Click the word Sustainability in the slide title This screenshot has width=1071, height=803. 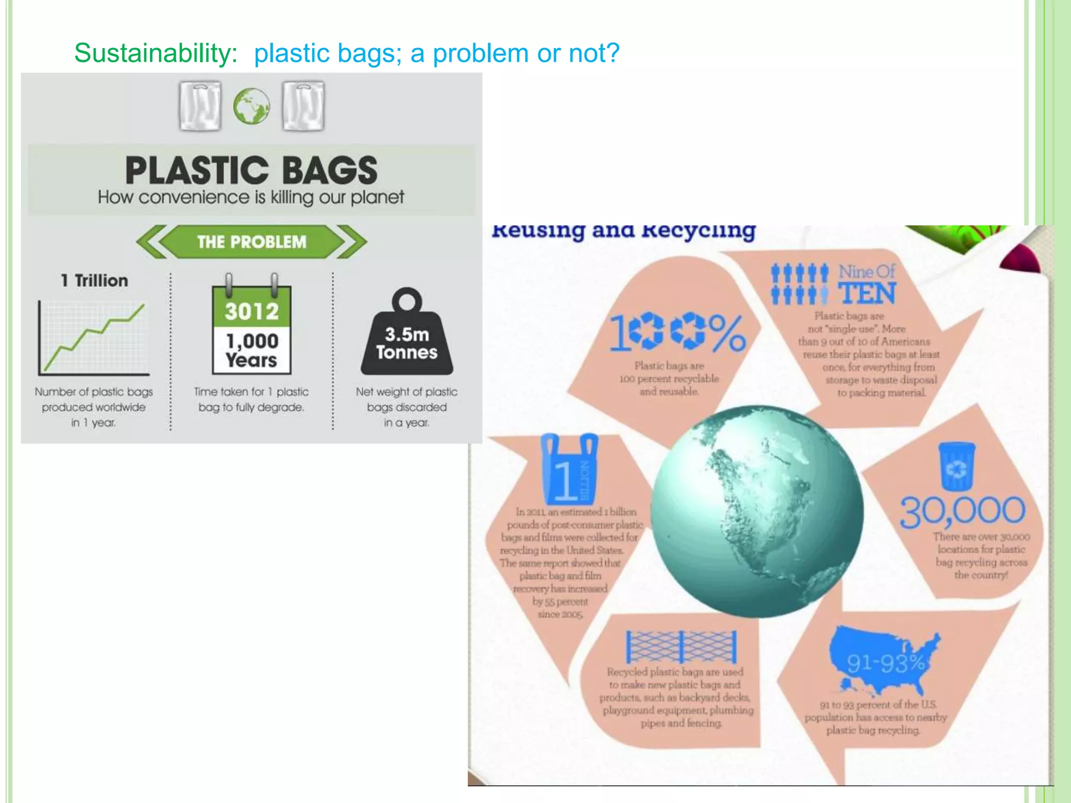pos(155,53)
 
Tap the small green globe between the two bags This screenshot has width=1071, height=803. pos(252,106)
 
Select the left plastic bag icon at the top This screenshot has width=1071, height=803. pos(200,106)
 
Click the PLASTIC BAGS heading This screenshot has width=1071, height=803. pos(251,170)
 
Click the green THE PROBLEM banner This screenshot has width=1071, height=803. pos(252,242)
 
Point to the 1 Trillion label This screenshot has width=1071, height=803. pos(95,281)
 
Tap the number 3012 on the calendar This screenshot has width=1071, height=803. pos(252,312)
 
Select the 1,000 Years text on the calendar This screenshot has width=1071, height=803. pos(252,350)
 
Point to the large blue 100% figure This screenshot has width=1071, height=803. pos(678,332)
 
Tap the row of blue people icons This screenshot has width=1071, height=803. pos(800,284)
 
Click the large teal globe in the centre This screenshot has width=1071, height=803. pos(757,511)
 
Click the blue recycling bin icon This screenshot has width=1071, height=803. pos(956,466)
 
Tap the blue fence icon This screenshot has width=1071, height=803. pos(681,647)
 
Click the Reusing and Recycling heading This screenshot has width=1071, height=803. pos(624,231)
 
